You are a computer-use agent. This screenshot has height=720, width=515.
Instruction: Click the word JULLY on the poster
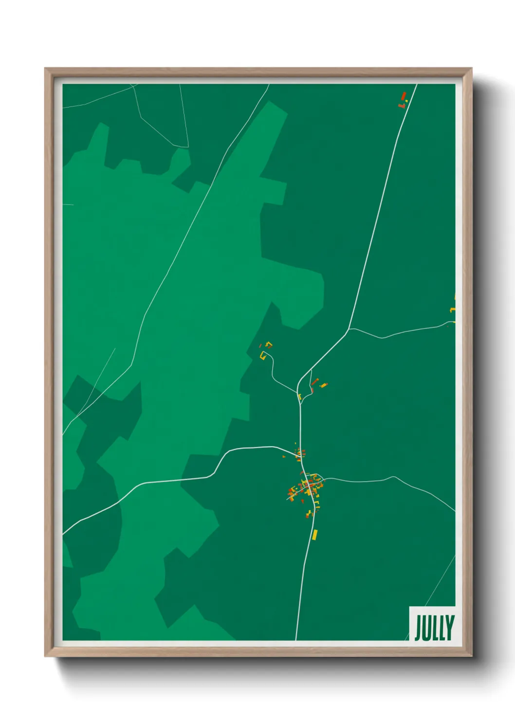point(434,628)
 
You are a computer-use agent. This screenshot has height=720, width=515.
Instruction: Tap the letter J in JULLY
point(418,628)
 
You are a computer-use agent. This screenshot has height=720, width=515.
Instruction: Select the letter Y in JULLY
point(450,628)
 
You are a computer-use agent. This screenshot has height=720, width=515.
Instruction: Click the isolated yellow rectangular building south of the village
point(315,535)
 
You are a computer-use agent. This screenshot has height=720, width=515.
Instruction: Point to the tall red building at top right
point(403,95)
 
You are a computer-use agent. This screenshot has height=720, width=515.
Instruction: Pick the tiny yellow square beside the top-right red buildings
point(407,101)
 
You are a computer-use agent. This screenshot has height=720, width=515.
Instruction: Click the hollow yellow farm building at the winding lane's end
point(263,355)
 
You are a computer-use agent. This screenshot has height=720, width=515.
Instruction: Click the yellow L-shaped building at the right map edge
point(453,309)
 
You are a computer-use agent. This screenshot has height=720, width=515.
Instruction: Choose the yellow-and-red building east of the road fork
point(323,385)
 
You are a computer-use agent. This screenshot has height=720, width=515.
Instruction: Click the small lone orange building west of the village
point(284,457)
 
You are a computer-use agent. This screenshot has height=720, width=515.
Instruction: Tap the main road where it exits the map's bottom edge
point(296,639)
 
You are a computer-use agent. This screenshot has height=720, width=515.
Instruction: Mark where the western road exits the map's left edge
point(64,534)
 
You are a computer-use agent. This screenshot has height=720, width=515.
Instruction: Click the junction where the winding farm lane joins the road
point(297,392)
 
